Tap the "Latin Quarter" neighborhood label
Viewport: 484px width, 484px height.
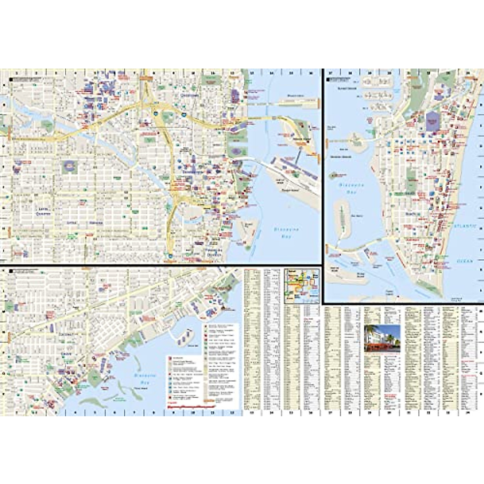42,211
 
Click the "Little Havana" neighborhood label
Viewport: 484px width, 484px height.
85,223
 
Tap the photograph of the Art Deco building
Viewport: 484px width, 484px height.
382,338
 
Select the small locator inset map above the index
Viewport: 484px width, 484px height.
302,286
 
